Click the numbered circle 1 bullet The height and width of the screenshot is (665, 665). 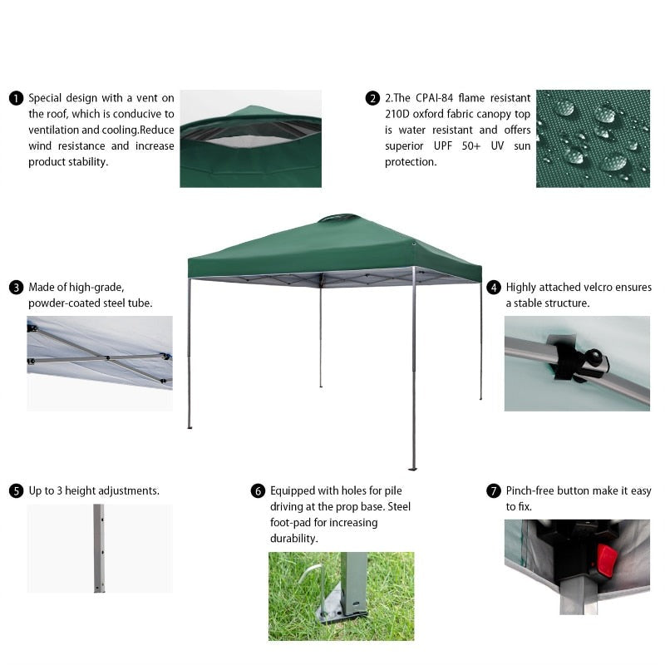(x=16, y=98)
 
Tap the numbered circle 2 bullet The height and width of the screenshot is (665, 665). (x=372, y=98)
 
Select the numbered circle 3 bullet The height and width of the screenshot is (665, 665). (x=16, y=288)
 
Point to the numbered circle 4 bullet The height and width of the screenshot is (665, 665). (x=494, y=288)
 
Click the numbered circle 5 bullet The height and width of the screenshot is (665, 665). (x=16, y=491)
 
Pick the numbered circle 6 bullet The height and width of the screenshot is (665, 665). (x=258, y=491)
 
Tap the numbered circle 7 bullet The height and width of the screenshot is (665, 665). (x=494, y=491)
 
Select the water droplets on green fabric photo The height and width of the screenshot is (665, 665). (x=593, y=138)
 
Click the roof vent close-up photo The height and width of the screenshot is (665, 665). (x=250, y=139)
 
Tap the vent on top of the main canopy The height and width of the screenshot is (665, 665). (x=339, y=218)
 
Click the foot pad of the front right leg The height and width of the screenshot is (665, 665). (x=412, y=468)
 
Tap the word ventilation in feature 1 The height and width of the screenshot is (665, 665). (x=57, y=130)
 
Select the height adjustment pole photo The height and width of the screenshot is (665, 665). (x=100, y=548)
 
